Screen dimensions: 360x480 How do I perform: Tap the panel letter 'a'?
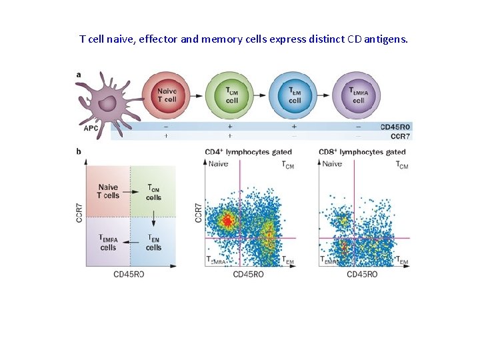pos(79,75)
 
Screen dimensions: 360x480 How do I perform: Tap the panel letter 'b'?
pos(79,152)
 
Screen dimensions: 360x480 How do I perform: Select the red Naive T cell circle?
pos(167,96)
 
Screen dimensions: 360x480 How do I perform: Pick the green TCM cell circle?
pos(231,96)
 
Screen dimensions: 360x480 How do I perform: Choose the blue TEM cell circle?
pos(295,96)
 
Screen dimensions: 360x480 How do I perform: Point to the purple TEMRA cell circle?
pos(358,96)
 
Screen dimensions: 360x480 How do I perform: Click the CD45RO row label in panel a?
pos(395,126)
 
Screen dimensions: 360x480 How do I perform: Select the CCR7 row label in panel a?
pos(400,135)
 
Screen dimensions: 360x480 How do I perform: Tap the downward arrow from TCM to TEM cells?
pos(153,217)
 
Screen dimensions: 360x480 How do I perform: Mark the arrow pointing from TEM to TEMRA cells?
pos(129,243)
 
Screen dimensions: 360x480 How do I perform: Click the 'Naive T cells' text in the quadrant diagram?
pos(107,191)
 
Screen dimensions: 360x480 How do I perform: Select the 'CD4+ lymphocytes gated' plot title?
pos(248,153)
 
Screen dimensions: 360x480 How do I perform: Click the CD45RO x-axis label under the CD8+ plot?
pos(362,274)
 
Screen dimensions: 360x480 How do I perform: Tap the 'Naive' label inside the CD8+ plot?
pos(333,164)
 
